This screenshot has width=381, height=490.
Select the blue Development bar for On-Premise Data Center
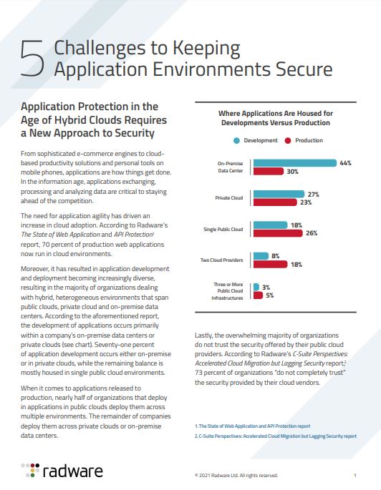294,163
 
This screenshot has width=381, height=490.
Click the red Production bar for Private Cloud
275,202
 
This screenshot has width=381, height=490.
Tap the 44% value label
344,163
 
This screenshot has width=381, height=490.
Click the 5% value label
269,295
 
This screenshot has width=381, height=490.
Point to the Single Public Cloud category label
225,229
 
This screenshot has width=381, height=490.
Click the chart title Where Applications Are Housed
276,118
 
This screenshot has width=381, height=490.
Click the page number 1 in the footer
355,475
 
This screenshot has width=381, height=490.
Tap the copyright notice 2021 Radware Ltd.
236,475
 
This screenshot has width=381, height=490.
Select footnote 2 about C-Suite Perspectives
276,436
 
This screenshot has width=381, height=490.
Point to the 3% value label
266,286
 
